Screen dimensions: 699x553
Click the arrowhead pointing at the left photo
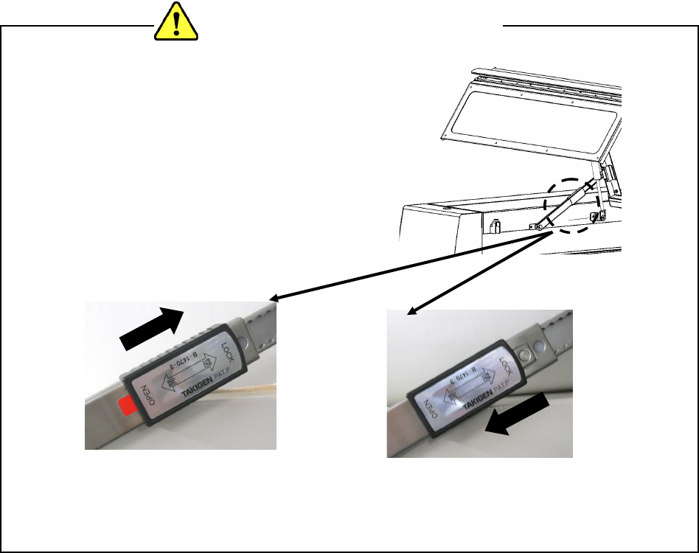[275, 299]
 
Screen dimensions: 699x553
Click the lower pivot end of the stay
[540, 226]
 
